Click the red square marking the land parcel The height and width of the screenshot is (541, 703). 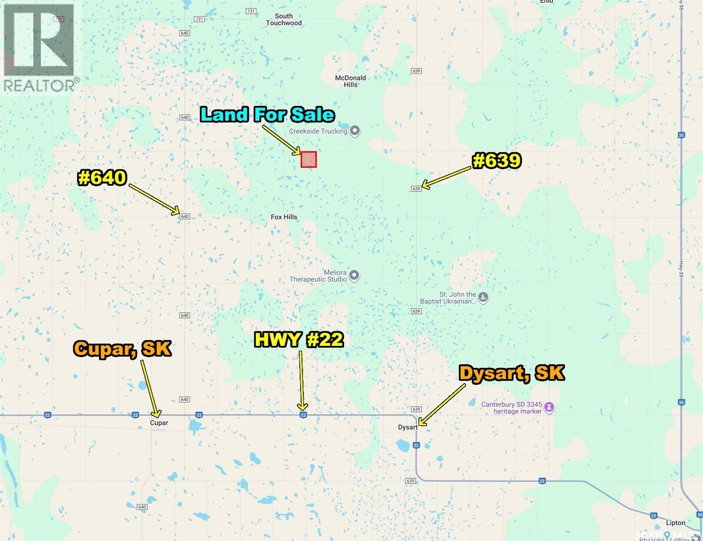pyautogui.click(x=308, y=160)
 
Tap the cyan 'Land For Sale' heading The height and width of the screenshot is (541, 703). pyautogui.click(x=268, y=115)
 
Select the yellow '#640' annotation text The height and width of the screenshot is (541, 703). pyautogui.click(x=102, y=178)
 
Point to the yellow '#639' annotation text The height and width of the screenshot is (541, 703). pyautogui.click(x=497, y=161)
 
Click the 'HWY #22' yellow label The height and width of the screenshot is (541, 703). pyautogui.click(x=299, y=339)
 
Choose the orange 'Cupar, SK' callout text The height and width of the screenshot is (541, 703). pyautogui.click(x=122, y=348)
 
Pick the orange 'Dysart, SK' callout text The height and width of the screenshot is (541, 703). pyautogui.click(x=511, y=373)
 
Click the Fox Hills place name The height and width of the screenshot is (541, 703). pyautogui.click(x=284, y=217)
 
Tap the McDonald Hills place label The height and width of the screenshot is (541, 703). pyautogui.click(x=350, y=81)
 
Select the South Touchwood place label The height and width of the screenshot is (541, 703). pyautogui.click(x=284, y=19)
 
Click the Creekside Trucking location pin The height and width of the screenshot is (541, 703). pyautogui.click(x=355, y=131)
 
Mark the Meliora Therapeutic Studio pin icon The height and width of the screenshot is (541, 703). pyautogui.click(x=354, y=275)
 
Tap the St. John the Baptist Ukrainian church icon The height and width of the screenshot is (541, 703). pyautogui.click(x=483, y=298)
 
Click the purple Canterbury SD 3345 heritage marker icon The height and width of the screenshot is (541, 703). pyautogui.click(x=549, y=408)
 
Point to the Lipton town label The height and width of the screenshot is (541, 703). pyautogui.click(x=676, y=523)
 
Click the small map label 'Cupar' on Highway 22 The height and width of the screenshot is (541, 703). pyautogui.click(x=159, y=423)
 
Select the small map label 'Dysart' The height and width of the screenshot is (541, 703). pyautogui.click(x=408, y=427)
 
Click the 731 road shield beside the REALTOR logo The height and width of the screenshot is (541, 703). pyautogui.click(x=58, y=19)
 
